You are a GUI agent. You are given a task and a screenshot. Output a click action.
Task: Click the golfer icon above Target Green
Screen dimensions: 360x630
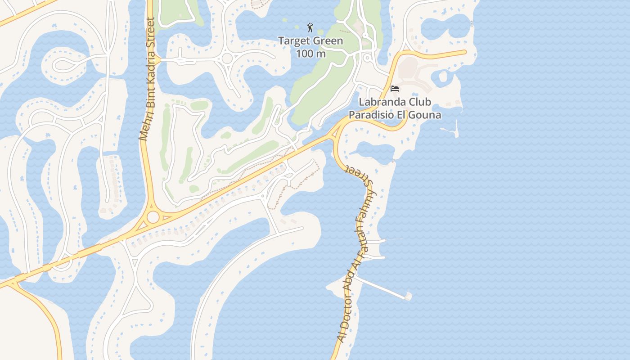click(x=310, y=28)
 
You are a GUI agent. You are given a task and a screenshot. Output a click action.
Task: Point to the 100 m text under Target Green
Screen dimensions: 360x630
click(x=310, y=54)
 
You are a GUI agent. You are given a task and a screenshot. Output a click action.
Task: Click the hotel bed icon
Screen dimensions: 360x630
click(x=395, y=89)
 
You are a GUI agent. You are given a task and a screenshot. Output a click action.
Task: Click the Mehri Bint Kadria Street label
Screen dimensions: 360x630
click(x=148, y=79)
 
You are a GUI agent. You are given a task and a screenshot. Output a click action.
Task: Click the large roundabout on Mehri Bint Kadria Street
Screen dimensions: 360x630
click(x=153, y=217)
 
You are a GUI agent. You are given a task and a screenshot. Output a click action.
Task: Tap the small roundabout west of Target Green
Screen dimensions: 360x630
click(x=227, y=58)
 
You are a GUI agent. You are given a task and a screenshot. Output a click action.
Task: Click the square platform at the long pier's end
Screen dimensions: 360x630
click(x=408, y=296)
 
